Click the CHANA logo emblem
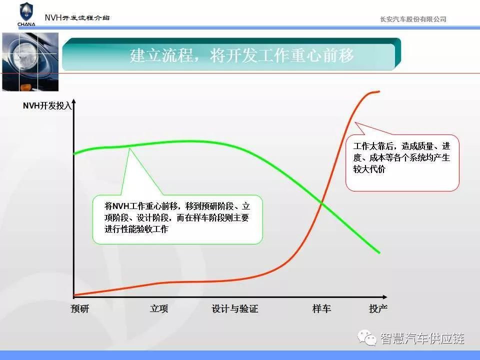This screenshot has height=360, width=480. click(26, 14)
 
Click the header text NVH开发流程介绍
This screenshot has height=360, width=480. click(77, 17)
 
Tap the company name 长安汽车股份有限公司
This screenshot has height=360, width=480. click(413, 19)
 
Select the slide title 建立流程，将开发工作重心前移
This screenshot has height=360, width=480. click(241, 55)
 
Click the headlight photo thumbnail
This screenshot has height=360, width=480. click(30, 62)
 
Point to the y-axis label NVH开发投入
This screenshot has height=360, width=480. click(47, 105)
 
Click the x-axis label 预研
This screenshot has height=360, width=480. click(79, 308)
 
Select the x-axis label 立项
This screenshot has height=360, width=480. click(159, 308)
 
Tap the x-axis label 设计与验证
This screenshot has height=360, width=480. click(235, 308)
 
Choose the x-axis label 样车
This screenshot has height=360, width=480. click(321, 308)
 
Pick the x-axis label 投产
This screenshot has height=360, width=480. click(378, 308)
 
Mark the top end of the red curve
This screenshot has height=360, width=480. click(379, 91)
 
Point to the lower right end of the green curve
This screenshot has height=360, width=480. click(379, 252)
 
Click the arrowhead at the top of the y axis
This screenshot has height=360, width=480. click(74, 101)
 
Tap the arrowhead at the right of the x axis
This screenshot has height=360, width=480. click(385, 297)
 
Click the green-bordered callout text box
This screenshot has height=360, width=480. click(177, 219)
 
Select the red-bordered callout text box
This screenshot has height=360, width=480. click(402, 163)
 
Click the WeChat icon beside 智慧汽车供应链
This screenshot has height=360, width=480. click(367, 337)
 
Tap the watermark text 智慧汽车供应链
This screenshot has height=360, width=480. click(422, 338)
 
